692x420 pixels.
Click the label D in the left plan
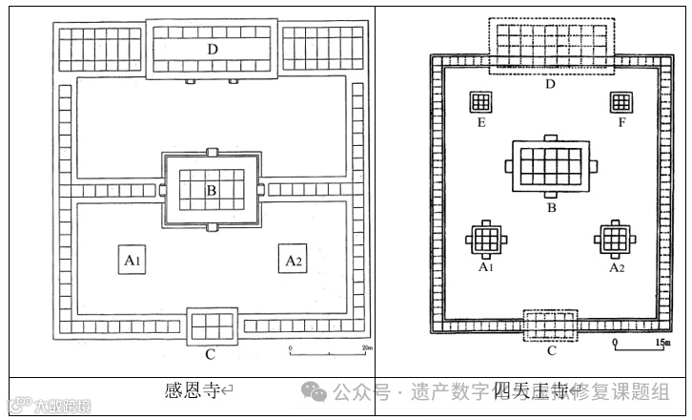tap(212, 49)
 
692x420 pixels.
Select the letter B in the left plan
tap(212, 191)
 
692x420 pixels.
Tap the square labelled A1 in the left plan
tap(132, 259)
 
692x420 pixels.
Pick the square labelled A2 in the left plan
tap(293, 259)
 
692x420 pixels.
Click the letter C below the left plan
tap(211, 355)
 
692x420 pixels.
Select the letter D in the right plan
tap(550, 84)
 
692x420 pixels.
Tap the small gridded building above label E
tap(479, 102)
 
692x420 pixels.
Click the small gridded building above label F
tap(621, 102)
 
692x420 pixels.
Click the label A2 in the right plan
tap(617, 268)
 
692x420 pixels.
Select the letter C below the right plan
tap(551, 351)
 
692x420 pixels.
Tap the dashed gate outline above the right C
tap(551, 325)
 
